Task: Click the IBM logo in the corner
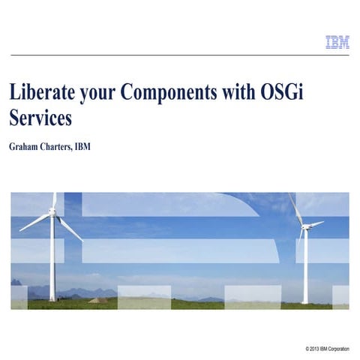(337, 43)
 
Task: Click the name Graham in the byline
(27, 146)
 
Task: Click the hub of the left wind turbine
(52, 212)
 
